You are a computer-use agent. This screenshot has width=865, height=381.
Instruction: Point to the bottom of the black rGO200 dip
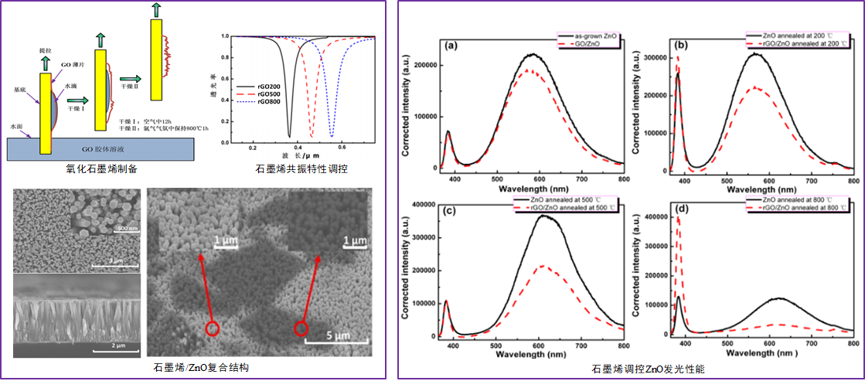point(290,137)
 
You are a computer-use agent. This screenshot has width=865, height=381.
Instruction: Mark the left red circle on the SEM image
point(213,329)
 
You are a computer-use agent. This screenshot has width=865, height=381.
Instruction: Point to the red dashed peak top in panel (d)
point(678,219)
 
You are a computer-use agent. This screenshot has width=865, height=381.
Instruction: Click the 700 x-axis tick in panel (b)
point(809,178)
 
